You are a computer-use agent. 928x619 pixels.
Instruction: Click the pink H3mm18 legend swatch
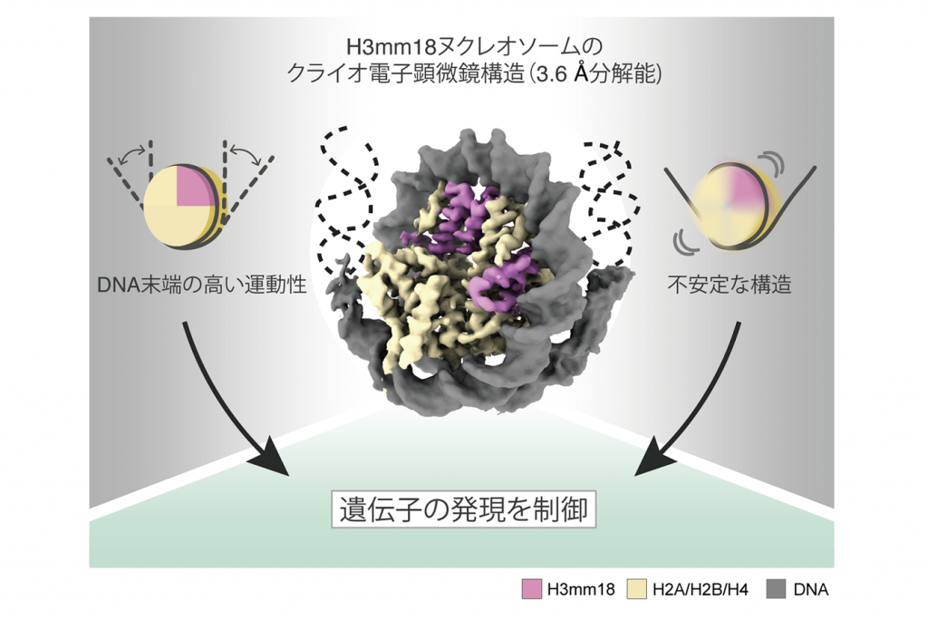click(x=532, y=589)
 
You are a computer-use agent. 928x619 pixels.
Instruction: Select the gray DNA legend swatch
click(x=776, y=589)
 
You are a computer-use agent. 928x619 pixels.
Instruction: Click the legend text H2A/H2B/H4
click(x=701, y=590)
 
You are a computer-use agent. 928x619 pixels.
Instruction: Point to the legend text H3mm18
click(x=581, y=590)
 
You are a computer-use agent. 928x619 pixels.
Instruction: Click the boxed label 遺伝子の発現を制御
click(x=463, y=509)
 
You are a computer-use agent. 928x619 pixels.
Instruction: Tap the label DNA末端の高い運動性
click(x=202, y=285)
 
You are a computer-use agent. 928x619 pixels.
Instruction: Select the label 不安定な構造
click(x=730, y=285)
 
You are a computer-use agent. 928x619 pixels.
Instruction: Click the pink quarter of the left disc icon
click(x=194, y=188)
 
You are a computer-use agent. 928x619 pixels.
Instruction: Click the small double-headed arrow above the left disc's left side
click(x=132, y=154)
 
